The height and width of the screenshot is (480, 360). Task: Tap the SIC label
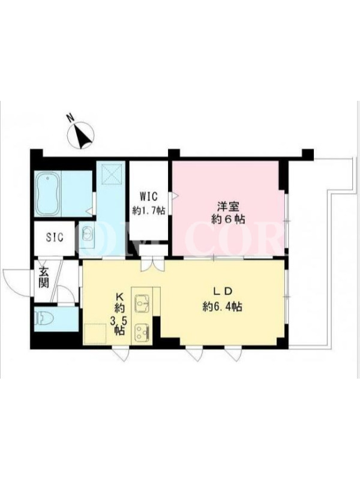[x=55, y=237]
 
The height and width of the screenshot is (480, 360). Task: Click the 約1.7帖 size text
[x=149, y=211]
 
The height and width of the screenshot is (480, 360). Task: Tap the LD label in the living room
[x=223, y=292]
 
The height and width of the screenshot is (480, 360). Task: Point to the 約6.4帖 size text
[x=222, y=307]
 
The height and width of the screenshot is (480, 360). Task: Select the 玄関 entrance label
[x=44, y=278]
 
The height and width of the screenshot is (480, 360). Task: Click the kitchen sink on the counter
[x=142, y=302]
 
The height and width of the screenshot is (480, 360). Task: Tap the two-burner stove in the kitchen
[x=142, y=332]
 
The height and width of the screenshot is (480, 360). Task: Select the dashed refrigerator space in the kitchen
[x=95, y=334]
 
